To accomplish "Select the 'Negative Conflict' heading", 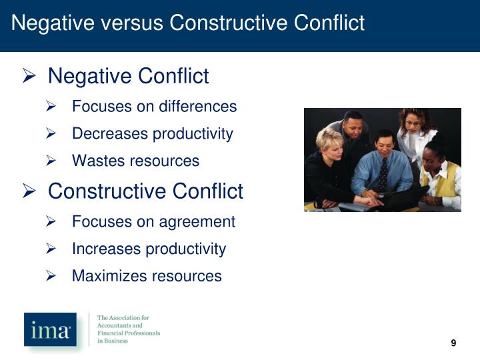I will (x=128, y=76).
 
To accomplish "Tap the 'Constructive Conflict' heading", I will (x=145, y=191).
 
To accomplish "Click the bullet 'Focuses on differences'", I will (x=154, y=107).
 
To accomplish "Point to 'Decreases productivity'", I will (x=152, y=134).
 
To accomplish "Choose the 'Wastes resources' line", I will (x=135, y=161).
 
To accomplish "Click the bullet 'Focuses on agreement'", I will (x=153, y=221).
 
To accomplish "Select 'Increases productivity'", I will (x=149, y=249).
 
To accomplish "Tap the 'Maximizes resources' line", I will (x=147, y=276).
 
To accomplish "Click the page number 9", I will (x=453, y=343).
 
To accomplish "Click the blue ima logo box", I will (x=50, y=329).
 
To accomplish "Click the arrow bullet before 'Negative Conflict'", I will (x=29, y=77).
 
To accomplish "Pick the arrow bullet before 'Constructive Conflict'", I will (x=29, y=192).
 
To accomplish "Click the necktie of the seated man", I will (x=383, y=175).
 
